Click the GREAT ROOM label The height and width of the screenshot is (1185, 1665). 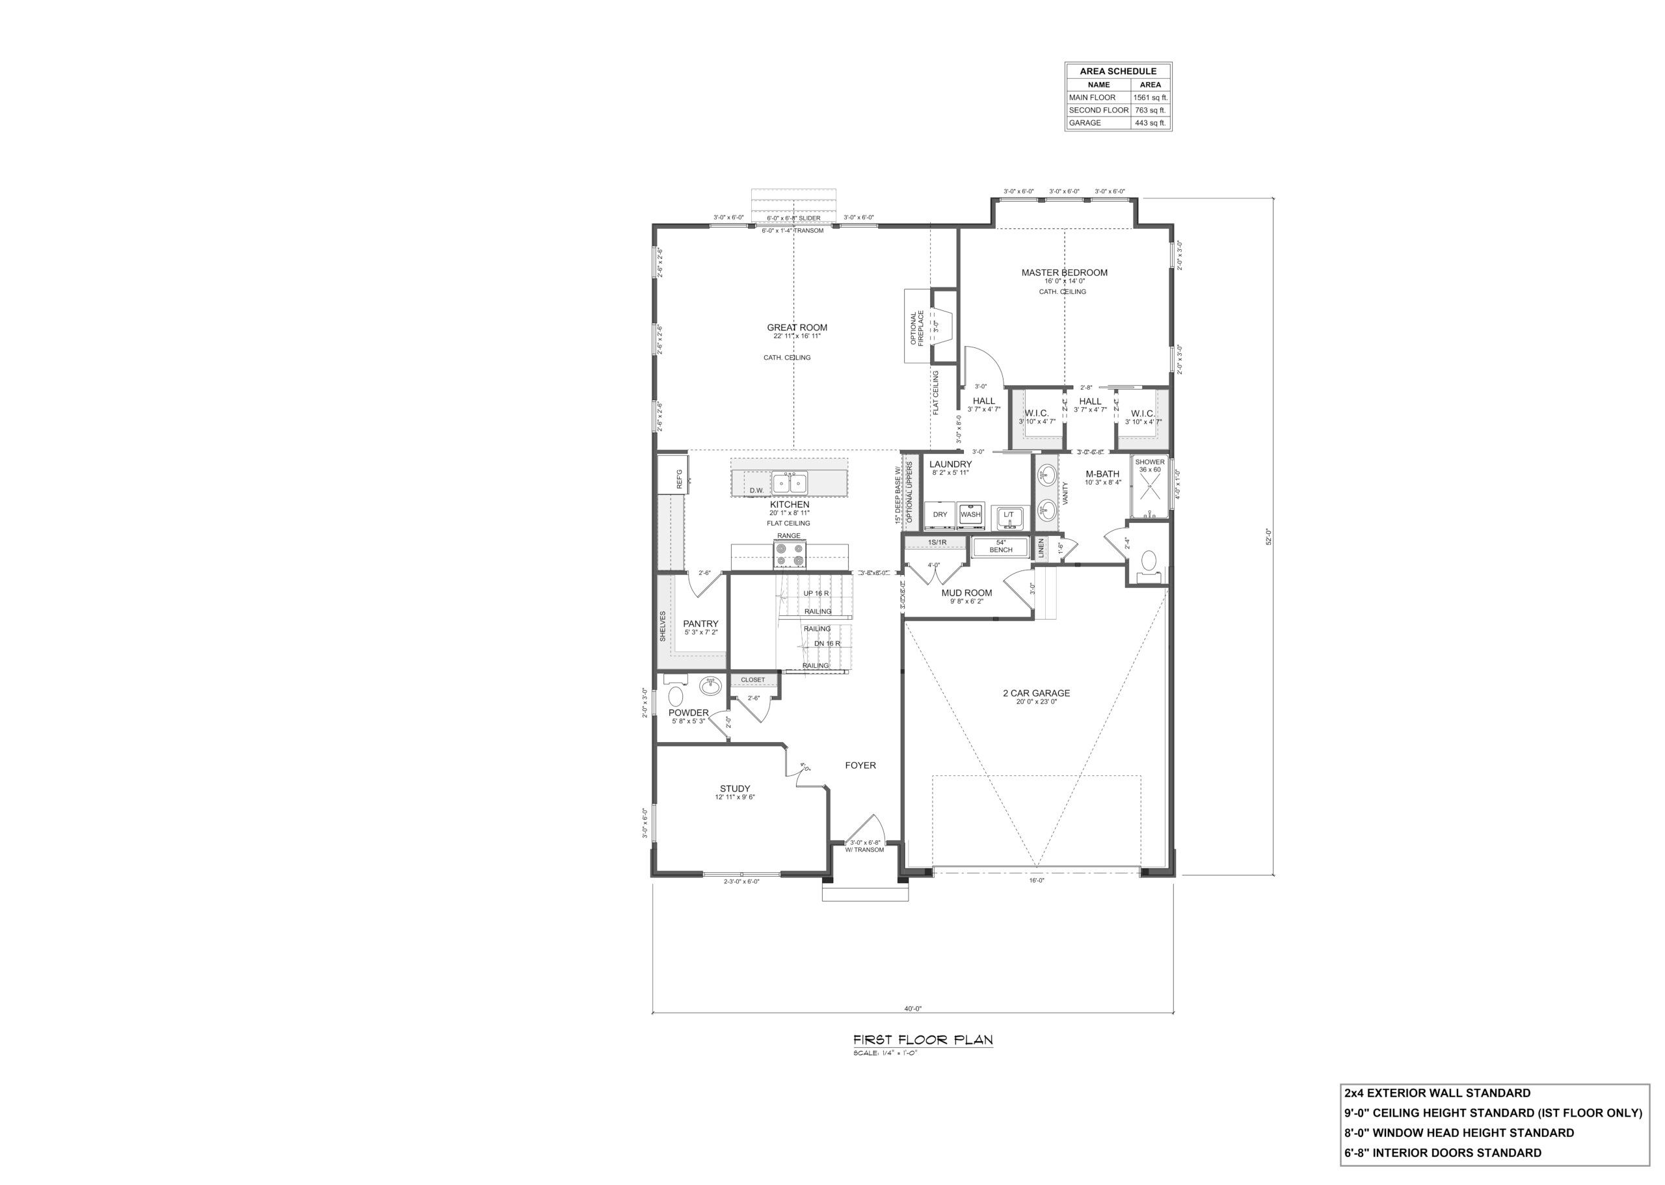coord(797,328)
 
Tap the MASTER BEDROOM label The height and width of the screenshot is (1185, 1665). coord(1064,273)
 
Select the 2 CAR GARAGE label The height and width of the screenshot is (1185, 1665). coord(1035,693)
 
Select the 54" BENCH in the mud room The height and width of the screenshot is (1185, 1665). coord(1000,546)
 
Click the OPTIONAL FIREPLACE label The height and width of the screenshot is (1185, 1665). coord(916,329)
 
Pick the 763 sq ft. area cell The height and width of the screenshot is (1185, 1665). coord(1150,110)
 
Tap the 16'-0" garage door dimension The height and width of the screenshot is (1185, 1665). coord(1036,881)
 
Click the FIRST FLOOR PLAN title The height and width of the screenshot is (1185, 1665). coord(922,1041)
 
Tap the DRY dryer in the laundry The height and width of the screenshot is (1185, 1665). coord(940,514)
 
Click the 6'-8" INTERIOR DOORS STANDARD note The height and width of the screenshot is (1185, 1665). coord(1443,1153)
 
